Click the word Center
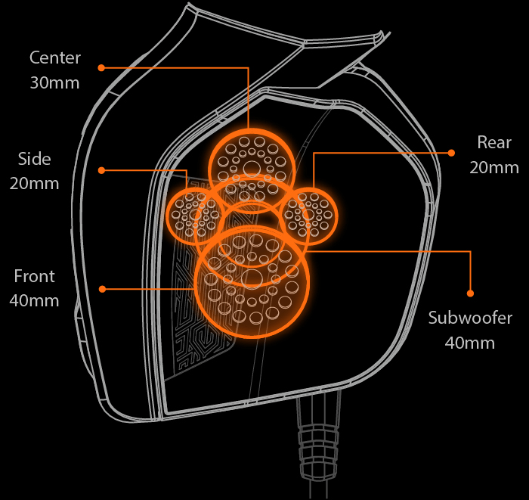click(x=55, y=58)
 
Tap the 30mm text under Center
click(x=55, y=82)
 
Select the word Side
click(x=35, y=159)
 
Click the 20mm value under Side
click(x=35, y=183)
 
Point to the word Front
click(x=34, y=276)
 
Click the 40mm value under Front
click(x=34, y=300)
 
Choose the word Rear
click(x=494, y=142)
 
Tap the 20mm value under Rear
click(x=494, y=167)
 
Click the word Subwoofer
click(x=470, y=318)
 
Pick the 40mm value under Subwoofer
click(x=470, y=343)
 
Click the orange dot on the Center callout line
click(x=101, y=67)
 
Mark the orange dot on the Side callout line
click(x=101, y=169)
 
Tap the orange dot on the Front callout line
click(x=101, y=288)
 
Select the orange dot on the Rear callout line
click(x=451, y=153)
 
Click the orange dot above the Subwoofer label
click(x=470, y=293)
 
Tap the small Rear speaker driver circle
click(x=310, y=216)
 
